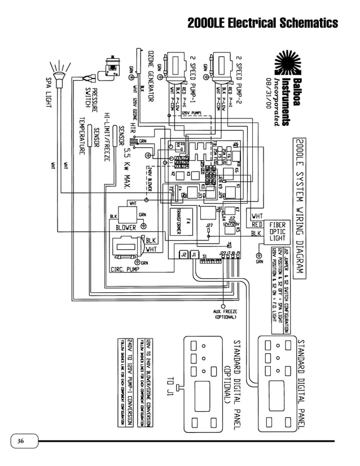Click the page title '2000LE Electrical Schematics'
262,23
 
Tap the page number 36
21,441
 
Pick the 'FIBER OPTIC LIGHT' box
277,232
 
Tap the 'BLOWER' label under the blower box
125,227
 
